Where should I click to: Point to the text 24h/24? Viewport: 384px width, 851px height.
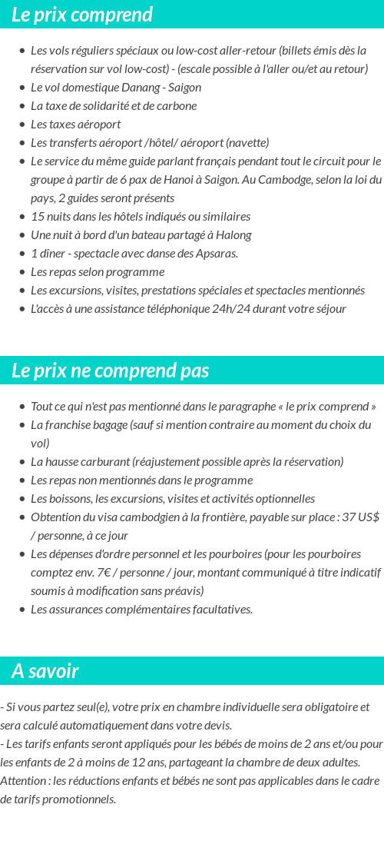click(x=236, y=308)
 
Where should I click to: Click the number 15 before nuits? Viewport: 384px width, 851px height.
click(x=38, y=216)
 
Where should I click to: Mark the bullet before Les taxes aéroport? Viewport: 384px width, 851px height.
click(x=22, y=125)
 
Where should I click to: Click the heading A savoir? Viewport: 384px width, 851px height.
click(x=45, y=671)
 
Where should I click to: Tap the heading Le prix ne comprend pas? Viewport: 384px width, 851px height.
click(x=111, y=371)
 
